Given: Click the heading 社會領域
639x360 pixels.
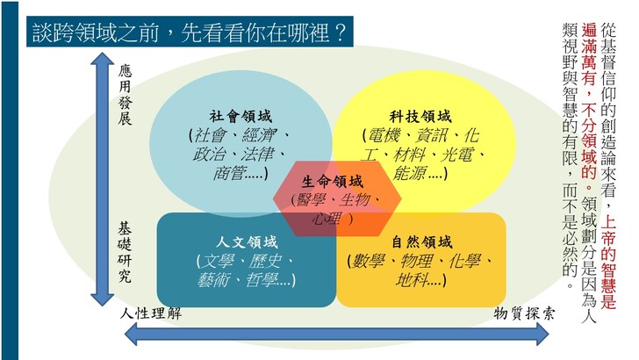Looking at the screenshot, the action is coord(241,117).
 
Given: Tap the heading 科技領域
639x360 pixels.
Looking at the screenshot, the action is coord(420,117).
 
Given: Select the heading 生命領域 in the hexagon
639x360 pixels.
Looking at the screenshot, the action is coord(333,181).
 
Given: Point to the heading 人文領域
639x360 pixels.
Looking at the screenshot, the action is coord(247,242).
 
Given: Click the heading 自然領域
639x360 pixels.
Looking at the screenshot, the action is coord(422,242).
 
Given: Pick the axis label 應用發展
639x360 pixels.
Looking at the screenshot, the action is coord(126,94).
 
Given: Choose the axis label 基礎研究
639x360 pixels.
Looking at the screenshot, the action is coord(125,252).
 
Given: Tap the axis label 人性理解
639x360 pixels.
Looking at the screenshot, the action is coord(150,313).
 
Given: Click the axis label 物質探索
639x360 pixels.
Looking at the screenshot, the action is coord(525,313).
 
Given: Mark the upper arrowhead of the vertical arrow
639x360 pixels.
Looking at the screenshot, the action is coord(102,58).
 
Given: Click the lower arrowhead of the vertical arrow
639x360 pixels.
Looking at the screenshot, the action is coord(102,299).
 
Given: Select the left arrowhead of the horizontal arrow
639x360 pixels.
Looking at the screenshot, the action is coord(131,335).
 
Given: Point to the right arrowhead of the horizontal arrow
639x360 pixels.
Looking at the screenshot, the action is coord(542,335).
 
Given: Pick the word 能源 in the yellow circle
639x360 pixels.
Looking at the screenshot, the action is coord(409,174).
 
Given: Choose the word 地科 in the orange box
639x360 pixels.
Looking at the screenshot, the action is coord(411,280).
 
